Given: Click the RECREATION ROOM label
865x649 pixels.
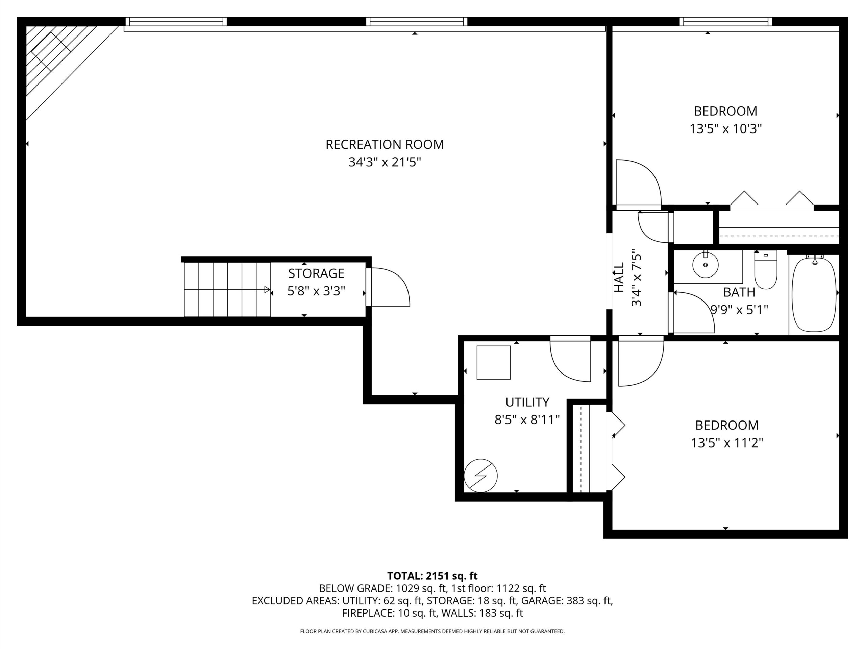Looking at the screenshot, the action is [x=385, y=144].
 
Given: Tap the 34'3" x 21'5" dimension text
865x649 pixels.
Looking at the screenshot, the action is [x=385, y=162].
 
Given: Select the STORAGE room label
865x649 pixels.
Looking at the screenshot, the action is [x=316, y=273].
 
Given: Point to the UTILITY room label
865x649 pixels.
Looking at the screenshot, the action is [x=527, y=402].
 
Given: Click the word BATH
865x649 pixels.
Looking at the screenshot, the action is [x=739, y=292].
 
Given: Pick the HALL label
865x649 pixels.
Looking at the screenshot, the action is [x=619, y=278].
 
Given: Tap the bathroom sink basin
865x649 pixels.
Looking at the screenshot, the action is [x=706, y=265].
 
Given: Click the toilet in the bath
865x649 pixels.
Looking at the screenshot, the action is [x=766, y=270].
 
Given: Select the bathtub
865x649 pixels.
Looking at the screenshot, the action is [x=815, y=294].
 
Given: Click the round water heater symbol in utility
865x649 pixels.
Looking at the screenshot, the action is [x=480, y=476].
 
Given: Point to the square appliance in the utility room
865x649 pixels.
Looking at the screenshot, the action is [x=494, y=363].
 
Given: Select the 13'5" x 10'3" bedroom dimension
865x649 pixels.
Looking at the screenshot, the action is [x=726, y=129].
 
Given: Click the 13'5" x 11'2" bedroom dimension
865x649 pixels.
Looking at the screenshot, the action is [x=727, y=443].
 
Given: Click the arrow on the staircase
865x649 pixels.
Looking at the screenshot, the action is [x=227, y=290].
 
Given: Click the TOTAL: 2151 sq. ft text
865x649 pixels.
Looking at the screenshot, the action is [x=432, y=576].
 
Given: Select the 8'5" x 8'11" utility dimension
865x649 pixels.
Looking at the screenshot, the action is [x=527, y=420].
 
